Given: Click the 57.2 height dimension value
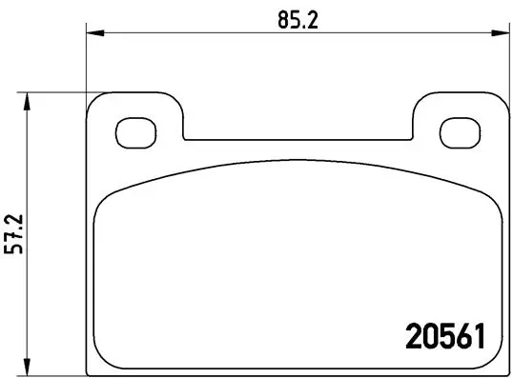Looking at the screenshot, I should click(x=13, y=230).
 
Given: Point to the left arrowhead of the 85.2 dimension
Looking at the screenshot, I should click(x=92, y=34).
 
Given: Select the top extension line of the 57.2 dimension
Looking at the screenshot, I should click(x=57, y=92).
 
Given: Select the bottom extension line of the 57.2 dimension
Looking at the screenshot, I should click(x=57, y=368).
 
